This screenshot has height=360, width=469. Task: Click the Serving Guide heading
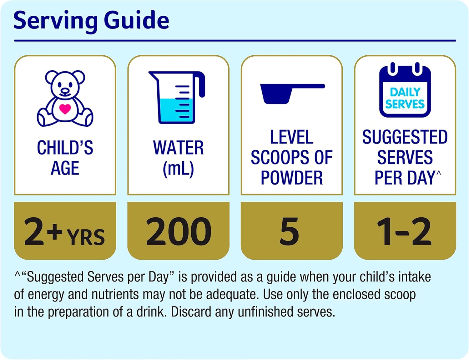tap(91, 20)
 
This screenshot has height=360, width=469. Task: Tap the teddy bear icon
tap(65, 98)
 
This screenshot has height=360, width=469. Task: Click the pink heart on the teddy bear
tap(65, 109)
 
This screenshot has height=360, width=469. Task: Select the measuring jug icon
tap(177, 97)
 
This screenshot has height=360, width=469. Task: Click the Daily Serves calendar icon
tap(405, 91)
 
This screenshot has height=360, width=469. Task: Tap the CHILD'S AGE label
tap(65, 158)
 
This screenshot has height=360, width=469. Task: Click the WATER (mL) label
tap(178, 158)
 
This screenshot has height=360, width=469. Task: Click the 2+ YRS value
tap(65, 231)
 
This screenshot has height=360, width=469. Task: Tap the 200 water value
tap(179, 231)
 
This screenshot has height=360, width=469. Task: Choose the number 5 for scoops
tap(290, 231)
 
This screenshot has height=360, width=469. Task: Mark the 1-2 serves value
tap(404, 231)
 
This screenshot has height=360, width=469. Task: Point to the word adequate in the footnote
tap(232, 294)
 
